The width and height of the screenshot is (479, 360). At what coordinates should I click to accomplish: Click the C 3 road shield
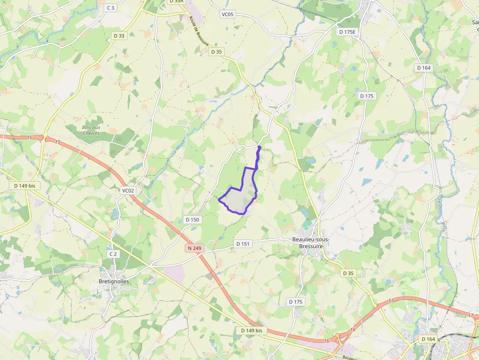111,7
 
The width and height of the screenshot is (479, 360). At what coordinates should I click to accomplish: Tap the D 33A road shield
176,1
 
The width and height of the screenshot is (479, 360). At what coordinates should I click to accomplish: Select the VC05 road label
228,14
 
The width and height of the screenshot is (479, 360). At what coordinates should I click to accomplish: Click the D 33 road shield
119,36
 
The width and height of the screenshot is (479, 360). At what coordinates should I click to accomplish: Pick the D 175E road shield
348,31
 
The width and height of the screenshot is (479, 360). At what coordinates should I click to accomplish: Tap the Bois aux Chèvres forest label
91,130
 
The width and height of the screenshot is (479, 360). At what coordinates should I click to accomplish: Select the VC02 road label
128,191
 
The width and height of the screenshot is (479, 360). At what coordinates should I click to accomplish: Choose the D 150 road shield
193,220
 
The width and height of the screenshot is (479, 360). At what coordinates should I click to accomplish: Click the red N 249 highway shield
194,248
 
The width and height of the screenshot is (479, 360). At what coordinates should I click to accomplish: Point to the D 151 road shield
242,243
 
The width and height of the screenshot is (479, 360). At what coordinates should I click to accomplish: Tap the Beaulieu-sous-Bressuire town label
311,243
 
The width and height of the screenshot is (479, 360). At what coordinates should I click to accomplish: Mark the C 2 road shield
113,254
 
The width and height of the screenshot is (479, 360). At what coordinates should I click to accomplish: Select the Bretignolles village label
114,281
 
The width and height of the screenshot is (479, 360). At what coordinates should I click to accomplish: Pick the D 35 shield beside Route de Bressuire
217,51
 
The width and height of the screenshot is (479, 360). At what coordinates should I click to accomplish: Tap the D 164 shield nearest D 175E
423,67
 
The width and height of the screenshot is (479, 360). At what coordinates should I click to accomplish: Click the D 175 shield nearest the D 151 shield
295,302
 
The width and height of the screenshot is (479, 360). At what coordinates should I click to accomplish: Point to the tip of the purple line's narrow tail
259,147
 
